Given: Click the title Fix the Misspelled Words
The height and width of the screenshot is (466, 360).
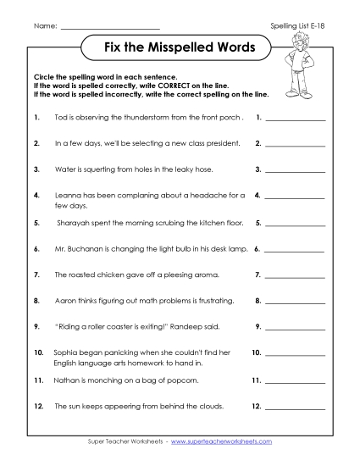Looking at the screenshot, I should tap(179, 48).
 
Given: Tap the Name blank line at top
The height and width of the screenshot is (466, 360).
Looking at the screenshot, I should tap(110, 29).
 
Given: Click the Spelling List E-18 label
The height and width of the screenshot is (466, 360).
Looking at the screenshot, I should tap(296, 27).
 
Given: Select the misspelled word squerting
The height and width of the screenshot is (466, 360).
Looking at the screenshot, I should tap(100, 169).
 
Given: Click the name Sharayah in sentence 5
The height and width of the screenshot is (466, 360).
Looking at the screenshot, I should tap(72, 224).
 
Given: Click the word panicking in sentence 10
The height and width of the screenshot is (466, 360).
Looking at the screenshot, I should tap(113, 351).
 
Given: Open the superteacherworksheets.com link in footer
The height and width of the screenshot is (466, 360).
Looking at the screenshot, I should tap(230, 442).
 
